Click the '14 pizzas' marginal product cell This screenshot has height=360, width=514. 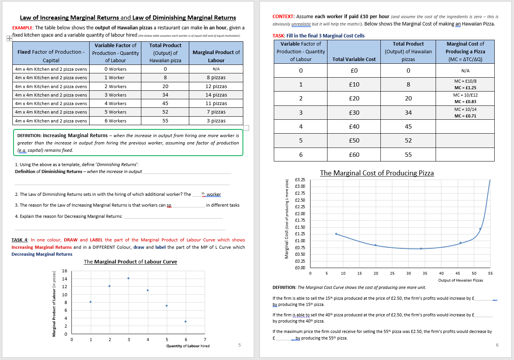pyautogui.click(x=216, y=95)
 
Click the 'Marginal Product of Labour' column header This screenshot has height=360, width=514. pyautogui.click(x=216, y=56)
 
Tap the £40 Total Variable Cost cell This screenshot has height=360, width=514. pyautogui.click(x=354, y=127)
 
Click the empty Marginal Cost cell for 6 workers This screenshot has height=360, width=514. pyautogui.click(x=465, y=155)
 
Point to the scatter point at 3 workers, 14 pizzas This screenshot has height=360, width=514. pyautogui.click(x=128, y=278)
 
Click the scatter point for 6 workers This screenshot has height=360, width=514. pyautogui.click(x=185, y=321)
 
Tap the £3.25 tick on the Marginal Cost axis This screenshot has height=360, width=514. pyautogui.click(x=300, y=180)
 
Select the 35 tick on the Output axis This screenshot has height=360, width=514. pyautogui.click(x=425, y=273)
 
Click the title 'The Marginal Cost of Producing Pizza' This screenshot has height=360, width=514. pyautogui.click(x=377, y=173)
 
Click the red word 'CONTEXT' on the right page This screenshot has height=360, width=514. pyautogui.click(x=283, y=17)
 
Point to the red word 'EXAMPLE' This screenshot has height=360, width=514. pyautogui.click(x=22, y=28)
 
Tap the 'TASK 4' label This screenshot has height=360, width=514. pyautogui.click(x=19, y=240)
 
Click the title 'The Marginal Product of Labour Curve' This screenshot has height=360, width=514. pyautogui.click(x=130, y=262)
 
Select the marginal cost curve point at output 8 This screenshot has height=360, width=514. pyautogui.click(x=336, y=234)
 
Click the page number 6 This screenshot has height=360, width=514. pyautogui.click(x=497, y=345)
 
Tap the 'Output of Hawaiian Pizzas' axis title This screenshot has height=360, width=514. pyautogui.click(x=460, y=280)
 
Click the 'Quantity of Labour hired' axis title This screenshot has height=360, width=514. pyautogui.click(x=188, y=346)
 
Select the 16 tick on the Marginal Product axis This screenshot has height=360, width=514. pyautogui.click(x=64, y=271)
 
